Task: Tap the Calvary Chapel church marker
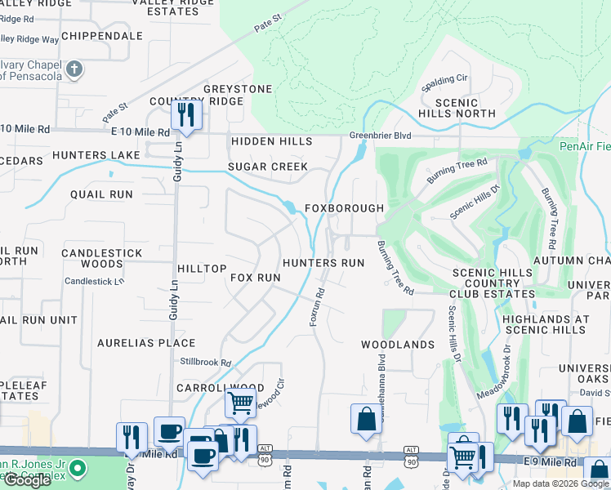pyautogui.click(x=74, y=69)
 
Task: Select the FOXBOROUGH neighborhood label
pyautogui.click(x=344, y=208)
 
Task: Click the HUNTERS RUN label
pyautogui.click(x=323, y=263)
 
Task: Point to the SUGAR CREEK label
pyautogui.click(x=267, y=167)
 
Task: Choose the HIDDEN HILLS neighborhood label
pyautogui.click(x=271, y=141)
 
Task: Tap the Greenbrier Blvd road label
pyautogui.click(x=380, y=136)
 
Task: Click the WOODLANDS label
pyautogui.click(x=398, y=345)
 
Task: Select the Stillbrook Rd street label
pyautogui.click(x=206, y=362)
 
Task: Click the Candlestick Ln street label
pyautogui.click(x=95, y=280)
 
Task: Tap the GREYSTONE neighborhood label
pyautogui.click(x=238, y=89)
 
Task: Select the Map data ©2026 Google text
pyautogui.click(x=560, y=483)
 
